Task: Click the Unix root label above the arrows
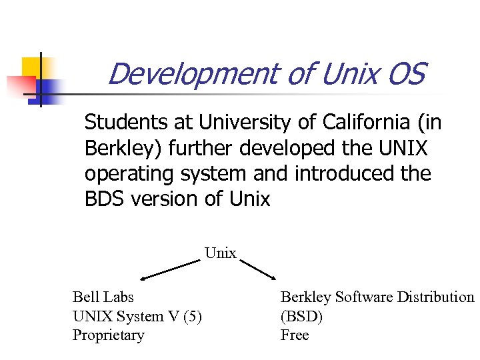click(x=221, y=253)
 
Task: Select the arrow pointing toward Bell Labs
click(x=170, y=269)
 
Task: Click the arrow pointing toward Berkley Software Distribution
click(x=257, y=268)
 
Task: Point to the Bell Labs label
click(x=103, y=297)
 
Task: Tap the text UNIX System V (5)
click(x=137, y=316)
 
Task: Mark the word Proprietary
click(x=108, y=335)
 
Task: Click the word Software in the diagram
click(x=365, y=297)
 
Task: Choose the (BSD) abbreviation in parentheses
click(x=301, y=316)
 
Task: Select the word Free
click(x=295, y=335)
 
